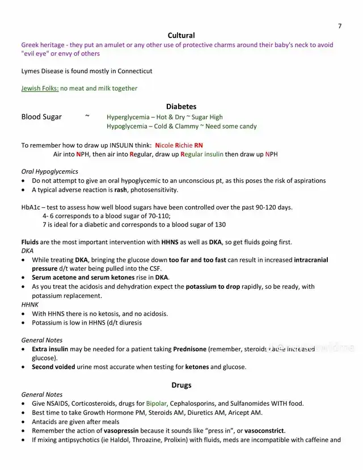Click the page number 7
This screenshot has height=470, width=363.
(x=340, y=26)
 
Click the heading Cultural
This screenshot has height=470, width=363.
(x=181, y=35)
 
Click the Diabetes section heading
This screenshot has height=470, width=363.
(x=181, y=106)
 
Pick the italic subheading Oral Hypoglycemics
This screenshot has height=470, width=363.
(x=50, y=171)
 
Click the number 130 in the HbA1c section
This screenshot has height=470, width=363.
(x=220, y=225)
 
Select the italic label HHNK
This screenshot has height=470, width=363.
(x=30, y=304)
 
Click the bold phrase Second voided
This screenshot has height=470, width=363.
(x=53, y=367)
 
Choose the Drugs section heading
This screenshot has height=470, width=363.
(x=181, y=385)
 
